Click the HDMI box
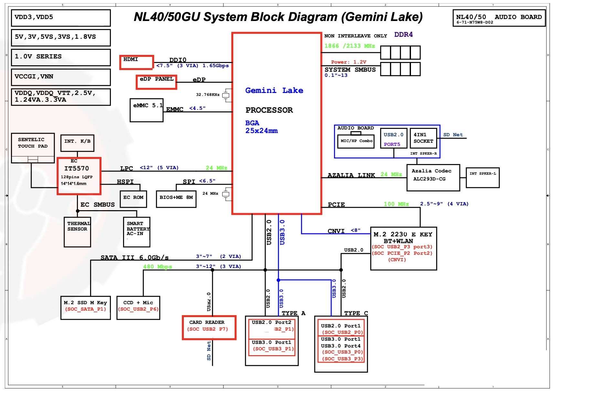coord(136,62)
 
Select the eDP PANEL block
coord(156,82)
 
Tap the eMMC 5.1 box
coord(146,110)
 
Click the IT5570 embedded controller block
coord(79,176)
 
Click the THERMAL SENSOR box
coord(77,232)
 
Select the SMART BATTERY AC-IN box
coord(137,232)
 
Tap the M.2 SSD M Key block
coord(86,308)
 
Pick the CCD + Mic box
coord(138,308)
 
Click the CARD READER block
coord(209,327)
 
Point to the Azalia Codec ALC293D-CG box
coord(433,178)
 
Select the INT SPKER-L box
coord(483,178)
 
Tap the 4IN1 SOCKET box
coord(423,138)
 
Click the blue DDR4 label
coord(403,35)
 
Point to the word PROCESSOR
coord(269,110)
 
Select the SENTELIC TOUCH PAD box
coord(33,148)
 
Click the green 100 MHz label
coord(396,204)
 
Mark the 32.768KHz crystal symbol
coord(226,95)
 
